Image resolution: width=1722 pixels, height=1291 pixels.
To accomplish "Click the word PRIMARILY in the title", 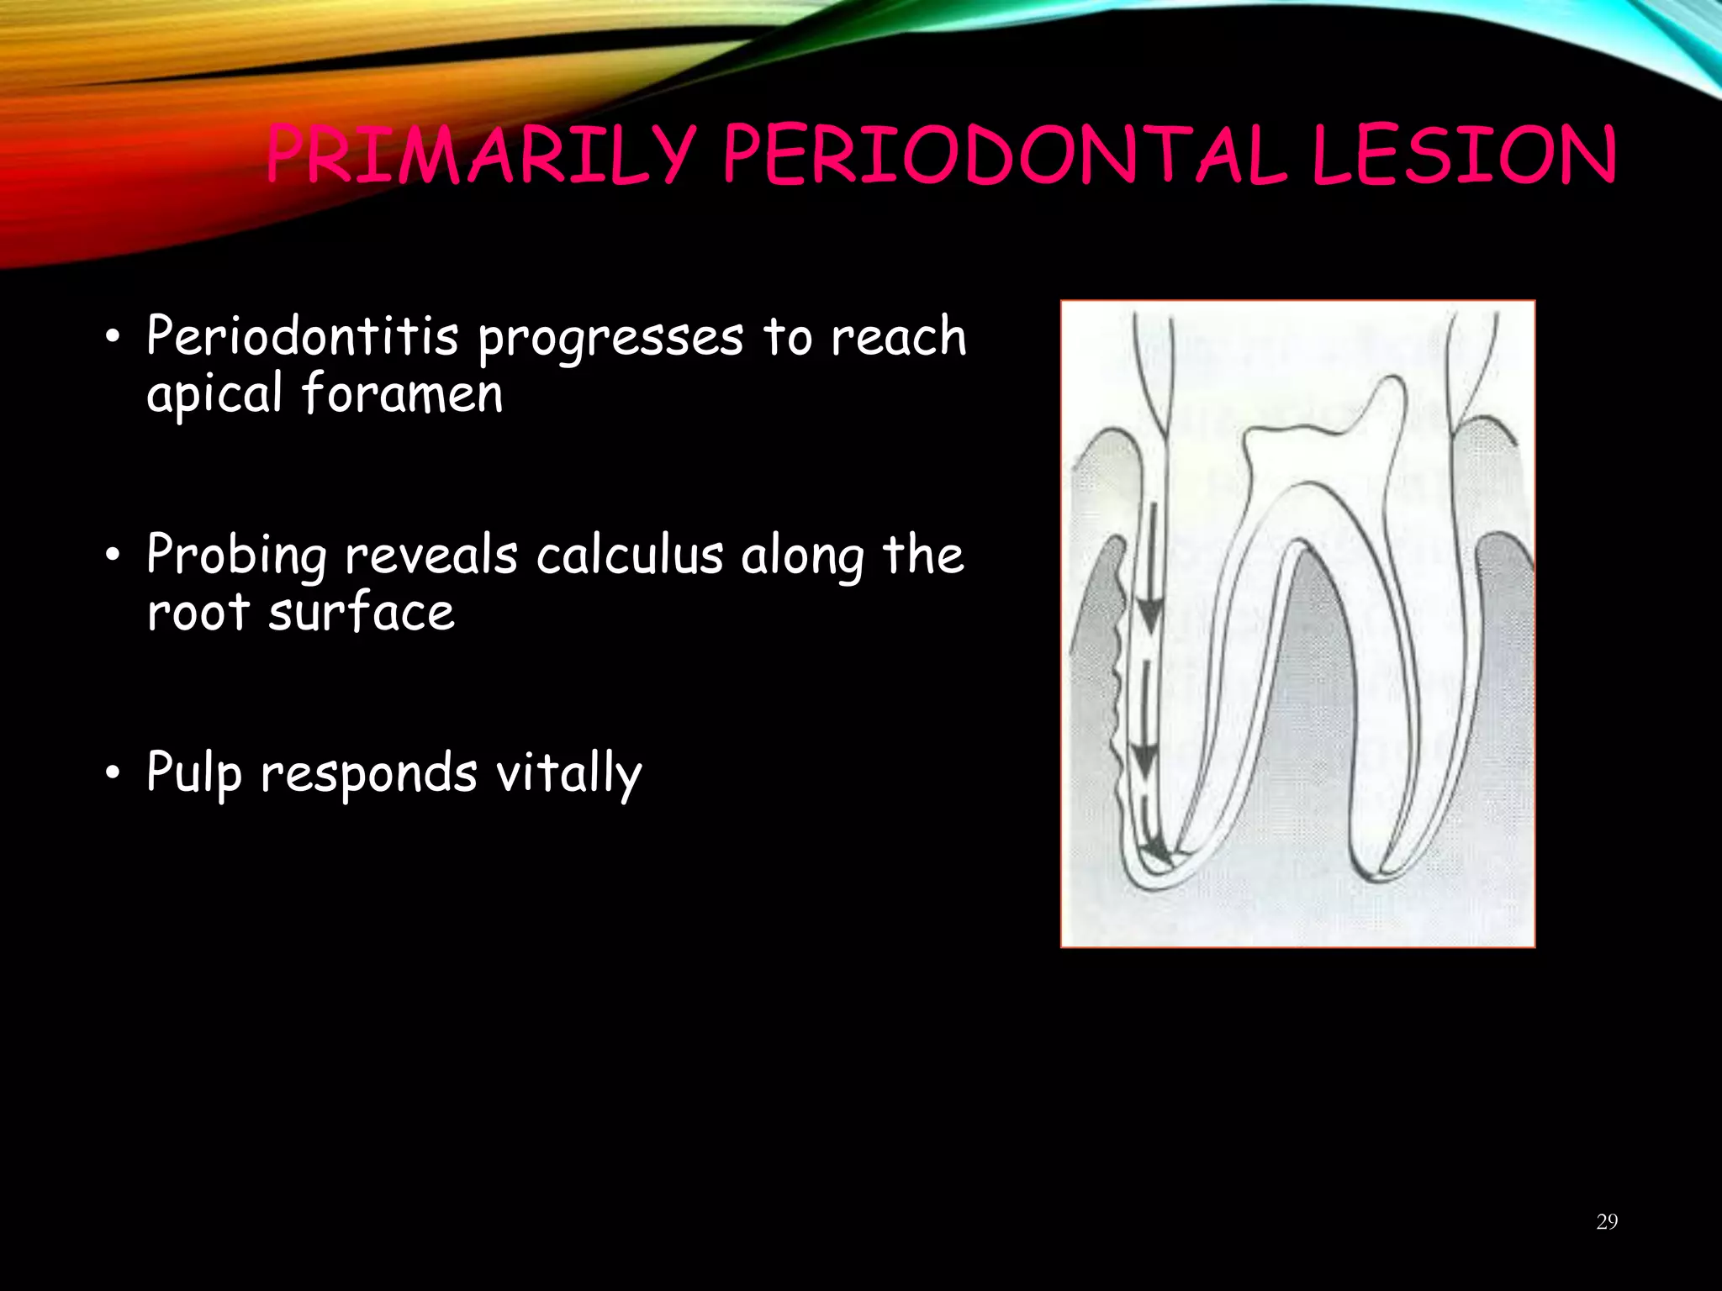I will pos(479,157).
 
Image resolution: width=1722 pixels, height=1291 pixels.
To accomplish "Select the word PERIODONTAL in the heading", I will pos(1004,157).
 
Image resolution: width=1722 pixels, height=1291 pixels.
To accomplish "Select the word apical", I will pos(214,394).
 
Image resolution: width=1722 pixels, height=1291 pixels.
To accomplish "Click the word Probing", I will pos(236,556).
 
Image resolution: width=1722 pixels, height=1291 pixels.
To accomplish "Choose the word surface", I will pos(362,611).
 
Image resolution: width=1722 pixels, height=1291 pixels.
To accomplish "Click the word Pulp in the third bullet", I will pos(194,773).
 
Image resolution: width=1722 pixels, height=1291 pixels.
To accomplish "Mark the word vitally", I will pos(568,773).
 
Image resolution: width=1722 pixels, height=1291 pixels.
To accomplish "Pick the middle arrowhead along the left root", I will pos(1143,761).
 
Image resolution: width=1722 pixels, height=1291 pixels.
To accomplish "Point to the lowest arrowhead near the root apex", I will pos(1156,853).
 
